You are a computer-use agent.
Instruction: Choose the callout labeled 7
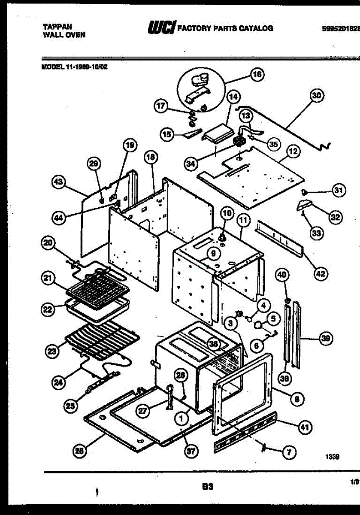pos(289,451)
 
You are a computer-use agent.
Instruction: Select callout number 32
pos(335,218)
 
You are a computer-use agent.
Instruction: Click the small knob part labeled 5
pos(258,325)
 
